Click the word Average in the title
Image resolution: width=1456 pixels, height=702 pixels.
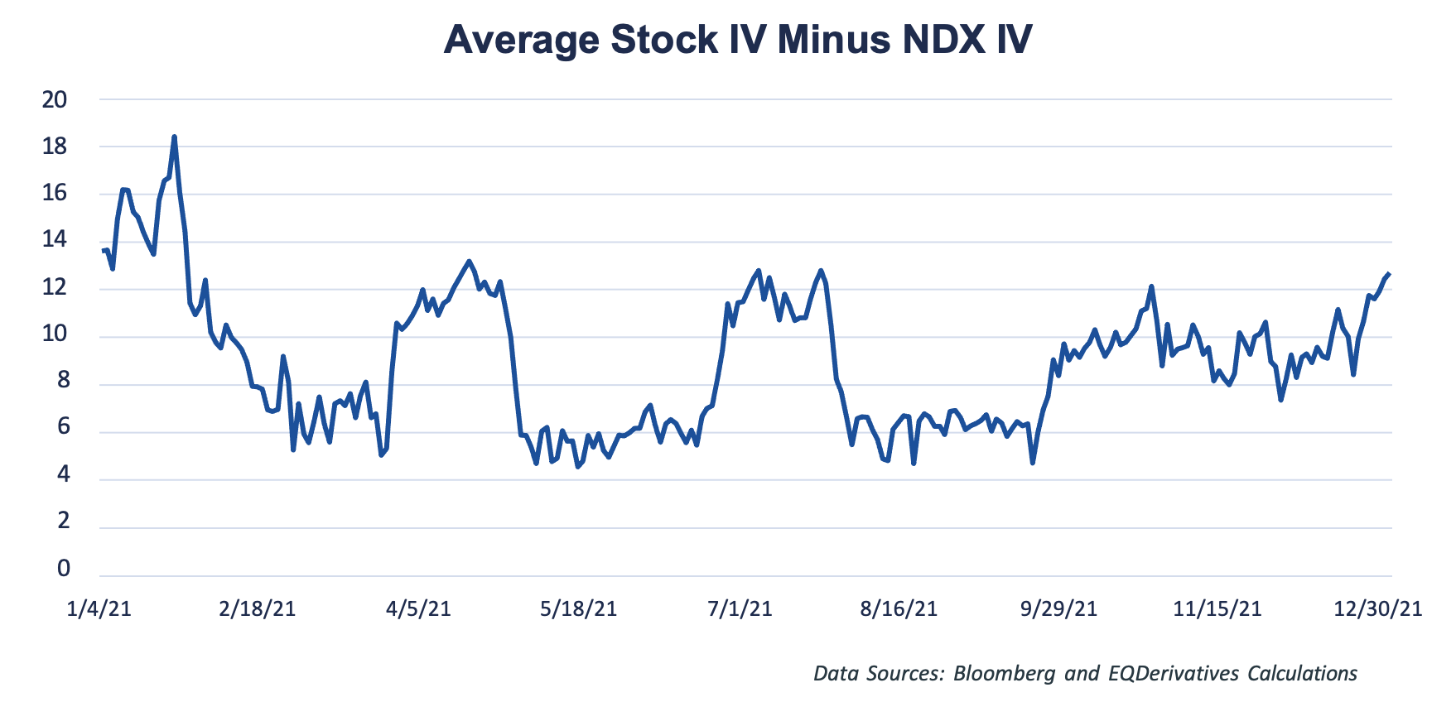(x=521, y=39)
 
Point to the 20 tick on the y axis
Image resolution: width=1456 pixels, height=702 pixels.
(x=55, y=100)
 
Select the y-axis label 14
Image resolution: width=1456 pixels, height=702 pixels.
(x=55, y=241)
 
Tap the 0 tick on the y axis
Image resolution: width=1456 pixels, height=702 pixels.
(x=64, y=569)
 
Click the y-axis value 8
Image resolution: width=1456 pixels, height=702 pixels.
(x=64, y=382)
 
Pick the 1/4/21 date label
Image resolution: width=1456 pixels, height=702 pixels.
(x=99, y=609)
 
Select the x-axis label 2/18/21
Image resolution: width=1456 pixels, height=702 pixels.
(x=258, y=609)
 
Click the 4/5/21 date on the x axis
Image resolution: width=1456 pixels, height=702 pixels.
(x=418, y=609)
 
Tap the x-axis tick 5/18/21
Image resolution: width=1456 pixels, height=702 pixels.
(x=578, y=609)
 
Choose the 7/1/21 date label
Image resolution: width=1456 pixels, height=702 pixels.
(x=740, y=609)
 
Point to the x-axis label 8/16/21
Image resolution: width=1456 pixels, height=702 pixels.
(x=899, y=609)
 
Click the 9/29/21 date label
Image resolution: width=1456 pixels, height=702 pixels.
(x=1058, y=609)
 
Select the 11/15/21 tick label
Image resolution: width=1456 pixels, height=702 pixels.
(x=1217, y=609)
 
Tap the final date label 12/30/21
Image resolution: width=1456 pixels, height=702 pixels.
(x=1377, y=609)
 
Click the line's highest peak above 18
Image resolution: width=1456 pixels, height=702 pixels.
(x=174, y=137)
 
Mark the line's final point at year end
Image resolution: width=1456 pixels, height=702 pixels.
(x=1389, y=274)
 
